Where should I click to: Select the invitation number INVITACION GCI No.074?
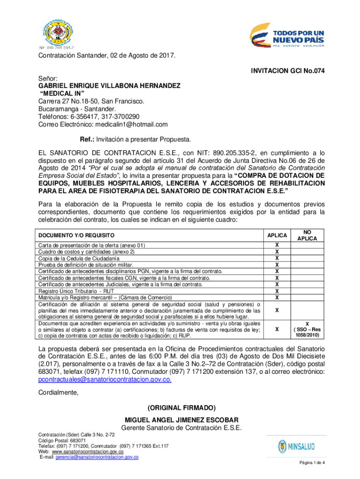click(288, 71)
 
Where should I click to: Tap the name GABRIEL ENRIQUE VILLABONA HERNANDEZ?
click(109, 86)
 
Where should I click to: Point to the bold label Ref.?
click(87, 139)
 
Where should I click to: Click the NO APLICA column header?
click(307, 235)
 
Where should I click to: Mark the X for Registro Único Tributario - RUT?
click(277, 290)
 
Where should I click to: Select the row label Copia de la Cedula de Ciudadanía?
click(79, 258)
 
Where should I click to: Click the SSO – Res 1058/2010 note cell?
click(307, 329)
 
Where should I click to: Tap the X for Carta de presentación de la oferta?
click(277, 245)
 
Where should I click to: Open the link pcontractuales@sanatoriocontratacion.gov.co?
click(105, 379)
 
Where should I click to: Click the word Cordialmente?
click(58, 393)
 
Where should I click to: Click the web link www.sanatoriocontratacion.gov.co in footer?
click(84, 452)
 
